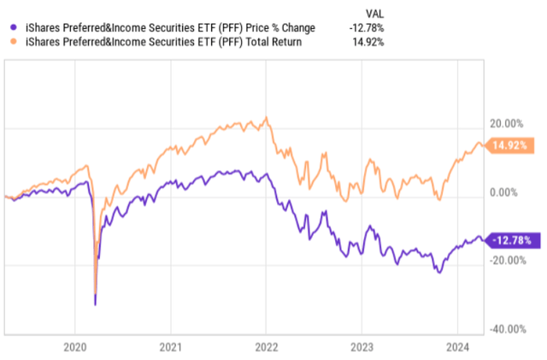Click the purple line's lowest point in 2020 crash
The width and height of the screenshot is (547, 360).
[x=95, y=304]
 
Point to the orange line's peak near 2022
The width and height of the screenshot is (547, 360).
[x=268, y=117]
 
